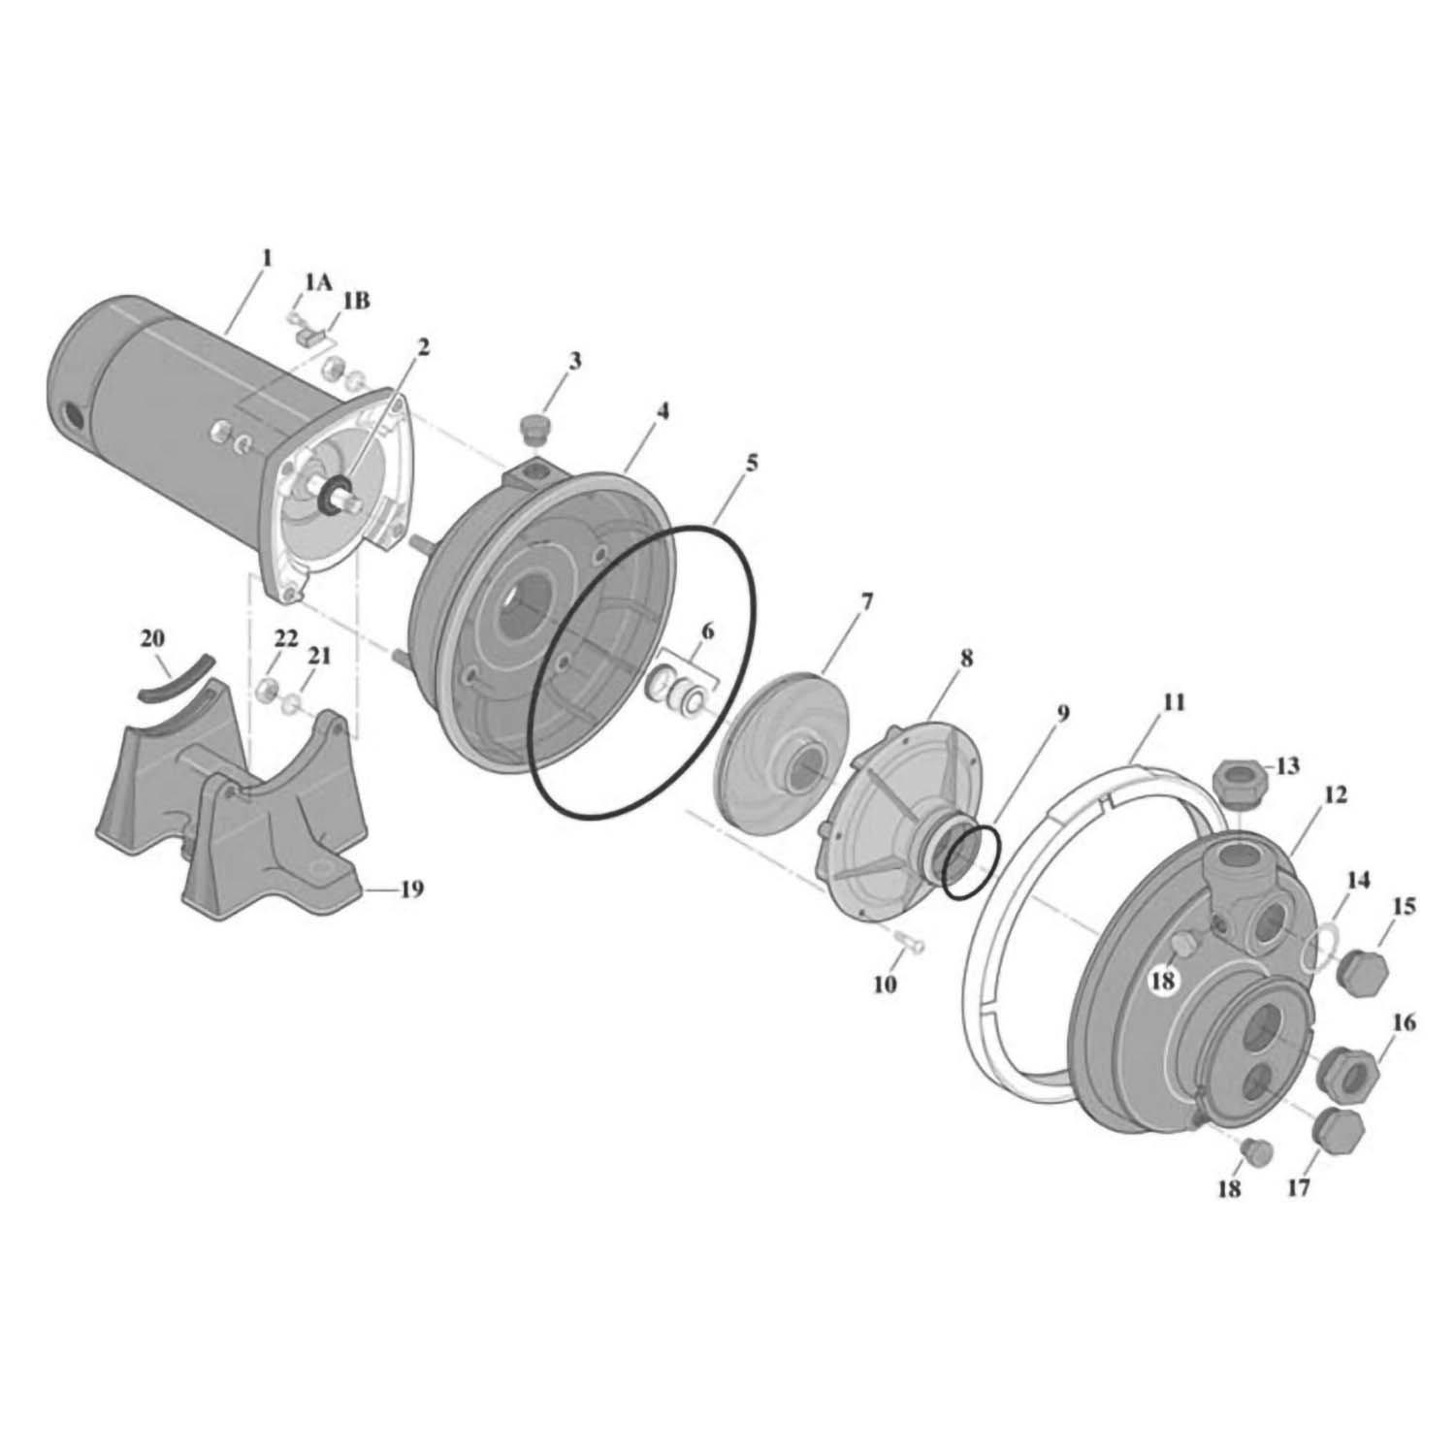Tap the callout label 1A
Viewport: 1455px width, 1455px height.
click(318, 281)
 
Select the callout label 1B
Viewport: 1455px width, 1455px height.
click(355, 301)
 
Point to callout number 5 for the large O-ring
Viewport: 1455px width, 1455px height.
click(751, 463)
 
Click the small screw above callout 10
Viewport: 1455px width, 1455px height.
click(908, 941)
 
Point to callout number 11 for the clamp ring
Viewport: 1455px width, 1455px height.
click(1174, 702)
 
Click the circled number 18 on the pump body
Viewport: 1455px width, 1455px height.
click(1162, 981)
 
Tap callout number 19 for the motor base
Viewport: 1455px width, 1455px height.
click(411, 889)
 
